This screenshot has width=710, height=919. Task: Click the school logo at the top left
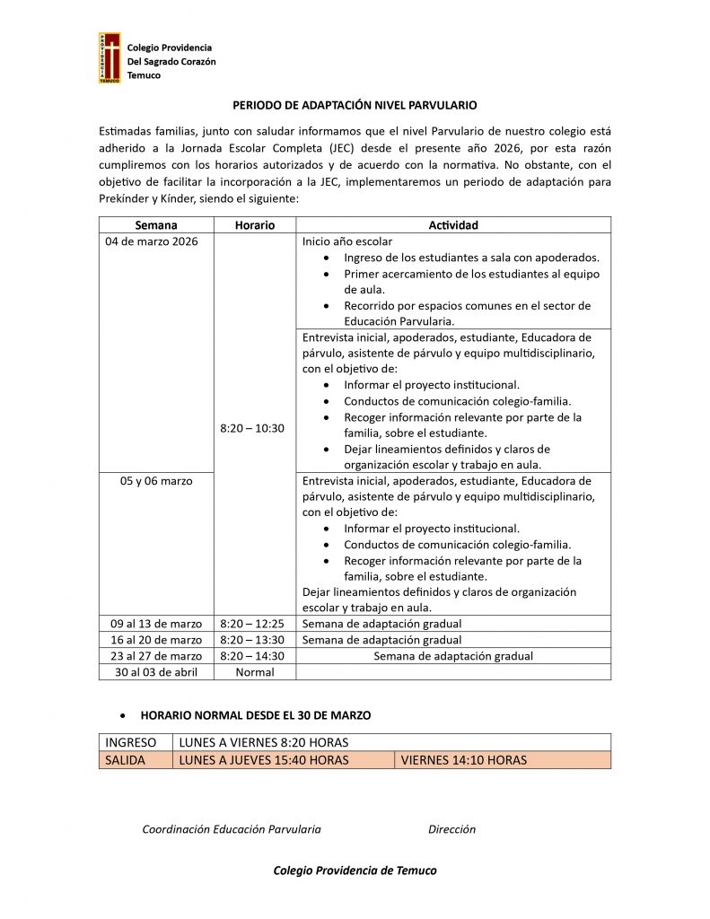pos(110,58)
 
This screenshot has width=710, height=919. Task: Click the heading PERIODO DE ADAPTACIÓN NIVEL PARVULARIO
pos(355,105)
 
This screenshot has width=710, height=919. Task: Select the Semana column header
pos(156,225)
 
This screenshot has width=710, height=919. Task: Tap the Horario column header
pos(254,225)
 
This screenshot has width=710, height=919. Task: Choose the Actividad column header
pos(453,225)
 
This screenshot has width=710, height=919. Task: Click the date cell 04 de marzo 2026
pos(153,241)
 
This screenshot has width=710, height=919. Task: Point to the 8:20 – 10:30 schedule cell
pos(252,428)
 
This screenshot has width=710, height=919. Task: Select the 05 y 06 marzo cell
pos(156,481)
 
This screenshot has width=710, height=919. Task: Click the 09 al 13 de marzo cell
pos(156,624)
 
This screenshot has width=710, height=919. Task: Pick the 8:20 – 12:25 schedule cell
pos(252,624)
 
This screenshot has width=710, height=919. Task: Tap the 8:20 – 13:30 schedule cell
pos(252,640)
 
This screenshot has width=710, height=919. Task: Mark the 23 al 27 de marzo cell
pos(156,656)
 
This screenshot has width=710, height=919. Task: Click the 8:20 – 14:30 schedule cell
pos(252,656)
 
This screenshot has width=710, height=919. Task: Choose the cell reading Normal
pos(254,672)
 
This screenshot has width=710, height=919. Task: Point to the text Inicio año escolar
pos(347,241)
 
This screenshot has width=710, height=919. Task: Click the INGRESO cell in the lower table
pos(131,742)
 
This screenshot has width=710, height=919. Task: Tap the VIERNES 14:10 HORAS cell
pos(464,760)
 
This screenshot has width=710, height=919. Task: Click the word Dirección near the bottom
pos(451,829)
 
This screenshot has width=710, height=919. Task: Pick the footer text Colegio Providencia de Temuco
pos(355,871)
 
